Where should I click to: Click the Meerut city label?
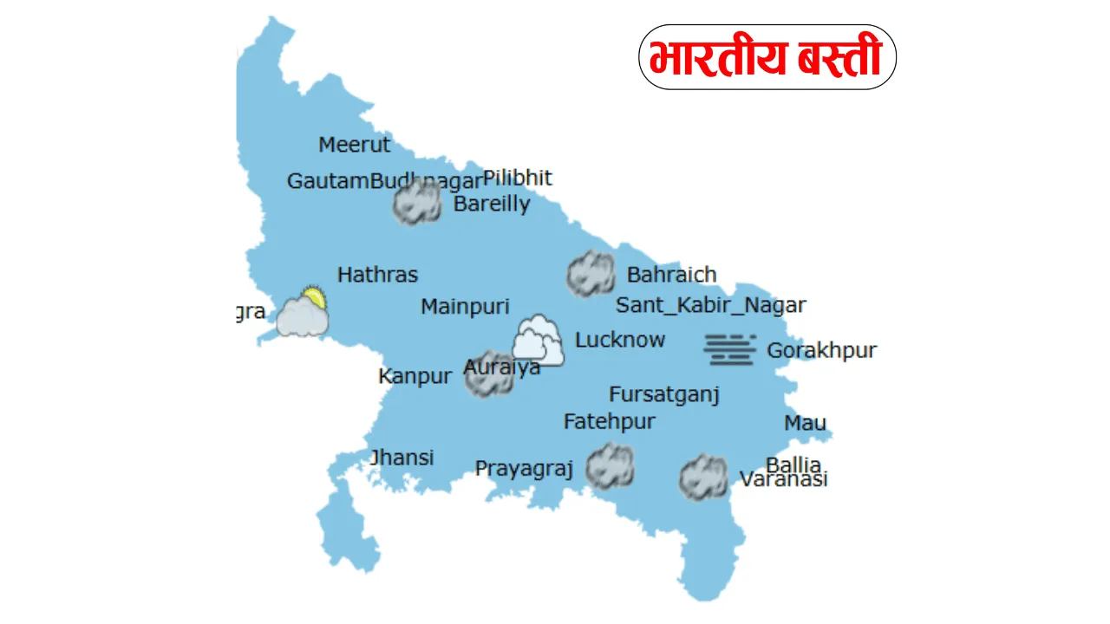point(355,145)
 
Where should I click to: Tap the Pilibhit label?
point(517,178)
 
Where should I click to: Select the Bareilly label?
point(492,205)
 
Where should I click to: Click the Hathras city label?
point(377,275)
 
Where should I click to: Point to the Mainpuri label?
point(465,307)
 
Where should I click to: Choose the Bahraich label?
point(671,275)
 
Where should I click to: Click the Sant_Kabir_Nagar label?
point(711,305)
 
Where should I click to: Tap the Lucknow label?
point(620,340)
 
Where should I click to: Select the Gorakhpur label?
point(821,351)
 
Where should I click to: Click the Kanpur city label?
point(415,377)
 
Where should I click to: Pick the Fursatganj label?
point(664,395)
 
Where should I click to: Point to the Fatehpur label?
point(610,422)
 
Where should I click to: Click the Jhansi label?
point(402,458)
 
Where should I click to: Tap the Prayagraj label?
point(524,469)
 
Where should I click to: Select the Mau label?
point(805,423)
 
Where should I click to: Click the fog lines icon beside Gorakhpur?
point(729,348)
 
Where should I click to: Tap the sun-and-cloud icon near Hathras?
point(303,313)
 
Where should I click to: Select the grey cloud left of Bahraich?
point(591,274)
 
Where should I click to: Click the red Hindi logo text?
point(766,58)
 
